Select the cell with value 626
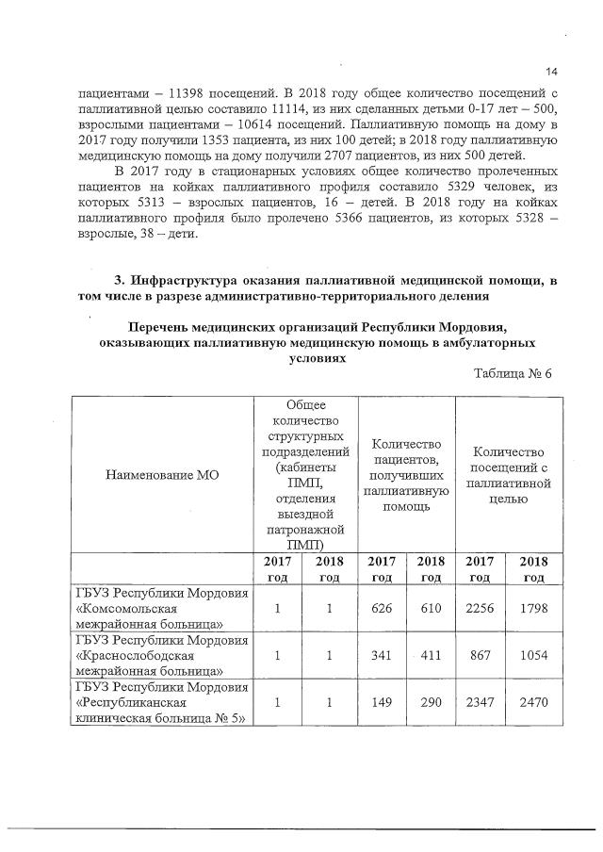point(382,608)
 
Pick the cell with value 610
point(431,608)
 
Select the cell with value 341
point(382,656)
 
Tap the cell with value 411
point(431,656)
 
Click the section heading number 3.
point(119,281)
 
